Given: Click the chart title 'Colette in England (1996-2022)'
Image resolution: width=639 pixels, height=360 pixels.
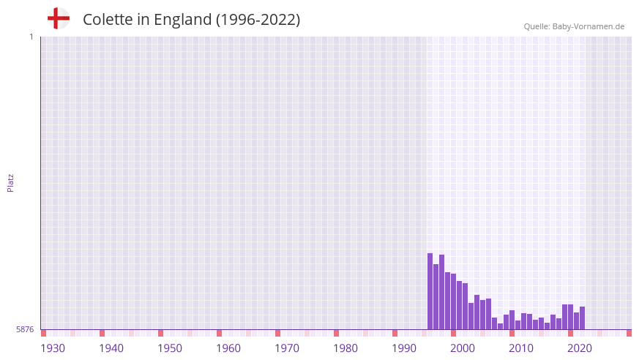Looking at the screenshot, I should tap(191, 20).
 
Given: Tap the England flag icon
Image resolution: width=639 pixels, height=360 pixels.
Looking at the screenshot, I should tap(58, 18).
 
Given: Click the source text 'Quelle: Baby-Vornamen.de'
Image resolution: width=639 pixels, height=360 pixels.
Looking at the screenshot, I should tap(574, 26).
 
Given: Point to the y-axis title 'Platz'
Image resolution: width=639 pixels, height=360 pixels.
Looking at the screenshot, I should tap(10, 182).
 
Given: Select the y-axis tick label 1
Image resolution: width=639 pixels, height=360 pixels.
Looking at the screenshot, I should tap(31, 37).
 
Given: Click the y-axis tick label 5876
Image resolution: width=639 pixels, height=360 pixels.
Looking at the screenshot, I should tap(25, 330).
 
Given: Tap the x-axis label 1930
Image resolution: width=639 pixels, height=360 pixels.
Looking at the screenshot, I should tap(53, 348).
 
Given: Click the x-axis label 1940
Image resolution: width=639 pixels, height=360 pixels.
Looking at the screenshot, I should tap(111, 348).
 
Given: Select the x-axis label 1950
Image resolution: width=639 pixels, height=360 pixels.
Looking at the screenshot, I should tap(170, 348).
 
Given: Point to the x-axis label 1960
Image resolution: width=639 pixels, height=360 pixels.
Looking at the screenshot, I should tap(228, 348).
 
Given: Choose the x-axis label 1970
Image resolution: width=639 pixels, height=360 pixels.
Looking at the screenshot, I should tap(287, 348).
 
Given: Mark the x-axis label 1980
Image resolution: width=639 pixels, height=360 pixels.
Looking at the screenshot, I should tap(345, 348).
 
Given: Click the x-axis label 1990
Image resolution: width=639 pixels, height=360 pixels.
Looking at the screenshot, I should tap(404, 348).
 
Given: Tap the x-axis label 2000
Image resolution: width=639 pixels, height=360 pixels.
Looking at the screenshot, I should tap(463, 348).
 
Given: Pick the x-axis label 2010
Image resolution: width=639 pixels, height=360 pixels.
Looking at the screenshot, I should tap(521, 348).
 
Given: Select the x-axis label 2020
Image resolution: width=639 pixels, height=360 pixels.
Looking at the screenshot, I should tap(580, 348).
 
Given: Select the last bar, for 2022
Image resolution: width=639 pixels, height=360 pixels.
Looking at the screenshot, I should tap(582, 318).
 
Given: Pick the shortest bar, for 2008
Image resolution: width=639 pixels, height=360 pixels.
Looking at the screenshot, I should tap(501, 326).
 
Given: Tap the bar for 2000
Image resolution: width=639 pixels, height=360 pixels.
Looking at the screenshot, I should tap(454, 301).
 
